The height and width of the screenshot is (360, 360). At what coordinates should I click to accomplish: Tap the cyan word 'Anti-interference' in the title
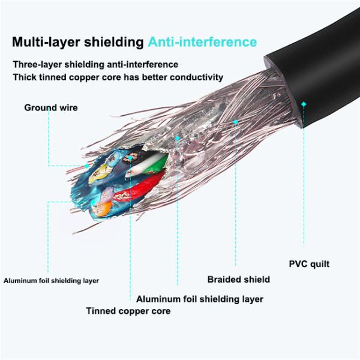[202, 43]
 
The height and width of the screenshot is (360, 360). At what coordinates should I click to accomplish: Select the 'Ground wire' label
[51, 108]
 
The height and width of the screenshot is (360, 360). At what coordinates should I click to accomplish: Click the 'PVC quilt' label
[309, 264]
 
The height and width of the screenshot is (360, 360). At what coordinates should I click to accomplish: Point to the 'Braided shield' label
[238, 280]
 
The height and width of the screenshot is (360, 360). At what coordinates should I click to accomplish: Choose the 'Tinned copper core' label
[128, 311]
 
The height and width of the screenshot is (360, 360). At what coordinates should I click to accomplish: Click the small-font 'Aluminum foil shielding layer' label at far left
[51, 280]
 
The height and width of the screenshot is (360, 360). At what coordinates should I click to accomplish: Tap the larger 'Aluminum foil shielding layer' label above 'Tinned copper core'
[199, 299]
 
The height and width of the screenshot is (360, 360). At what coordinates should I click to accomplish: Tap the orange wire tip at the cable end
[102, 208]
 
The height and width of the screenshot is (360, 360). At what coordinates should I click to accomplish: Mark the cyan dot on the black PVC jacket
[304, 104]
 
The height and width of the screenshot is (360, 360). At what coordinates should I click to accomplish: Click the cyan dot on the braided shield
[236, 122]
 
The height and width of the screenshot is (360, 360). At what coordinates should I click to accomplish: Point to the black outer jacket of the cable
[318, 72]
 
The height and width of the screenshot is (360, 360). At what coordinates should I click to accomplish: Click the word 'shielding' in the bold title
[113, 43]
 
